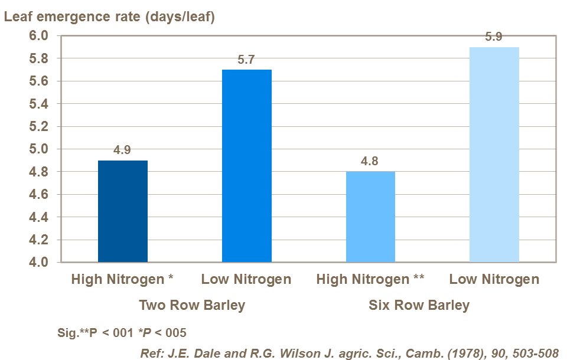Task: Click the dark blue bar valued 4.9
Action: click(122, 211)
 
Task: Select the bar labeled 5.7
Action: click(246, 166)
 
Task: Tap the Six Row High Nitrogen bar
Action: click(370, 217)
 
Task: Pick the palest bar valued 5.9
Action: click(494, 155)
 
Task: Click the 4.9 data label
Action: click(122, 150)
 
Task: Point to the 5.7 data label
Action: click(246, 60)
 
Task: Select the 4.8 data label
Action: click(370, 161)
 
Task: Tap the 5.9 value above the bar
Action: click(494, 37)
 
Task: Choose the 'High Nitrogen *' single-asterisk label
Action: click(122, 279)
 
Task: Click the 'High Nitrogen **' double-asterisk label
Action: click(370, 279)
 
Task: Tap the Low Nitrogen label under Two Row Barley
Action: click(246, 279)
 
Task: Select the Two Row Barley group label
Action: click(191, 305)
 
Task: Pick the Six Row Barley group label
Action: click(419, 305)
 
